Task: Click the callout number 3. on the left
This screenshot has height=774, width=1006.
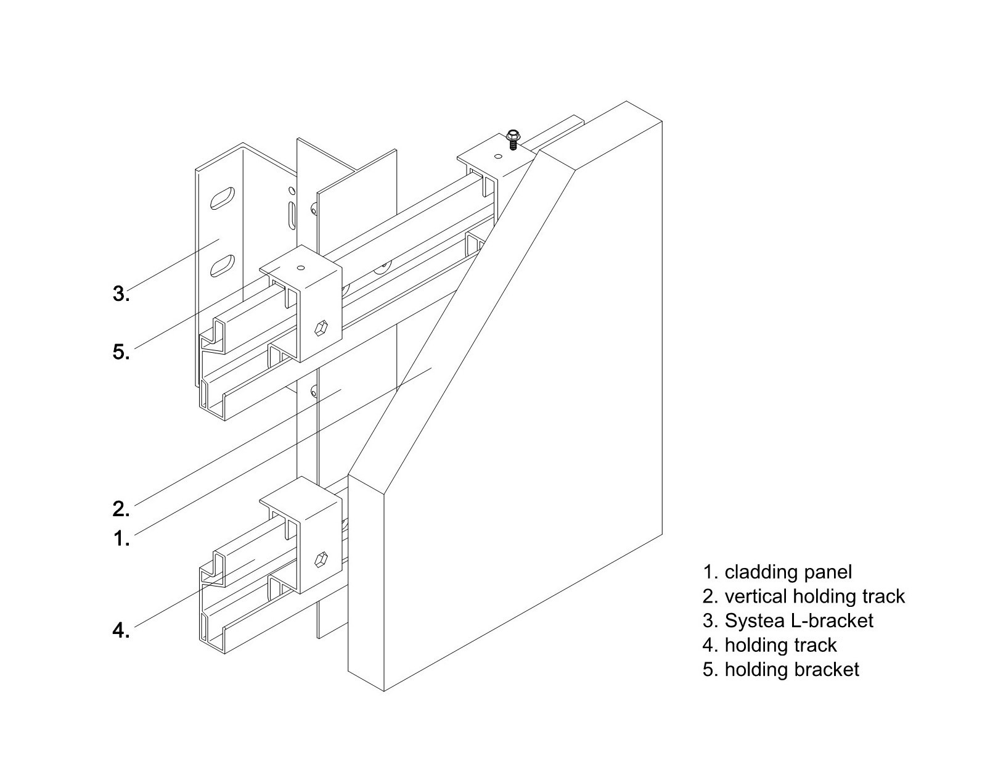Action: [x=121, y=294]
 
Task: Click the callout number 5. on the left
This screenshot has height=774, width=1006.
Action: [x=121, y=353]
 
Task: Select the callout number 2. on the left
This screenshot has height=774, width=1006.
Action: [x=121, y=509]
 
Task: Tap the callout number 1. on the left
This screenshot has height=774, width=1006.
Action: [x=121, y=539]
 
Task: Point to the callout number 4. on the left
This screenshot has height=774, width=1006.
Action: [x=121, y=630]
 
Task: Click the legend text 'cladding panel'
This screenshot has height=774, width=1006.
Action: [x=788, y=572]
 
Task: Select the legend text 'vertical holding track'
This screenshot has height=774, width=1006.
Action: [x=814, y=596]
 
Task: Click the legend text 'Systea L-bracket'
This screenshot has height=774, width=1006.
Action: [x=799, y=620]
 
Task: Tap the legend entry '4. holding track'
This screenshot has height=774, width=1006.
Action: [x=769, y=645]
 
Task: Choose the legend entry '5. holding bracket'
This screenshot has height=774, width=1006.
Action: [x=780, y=669]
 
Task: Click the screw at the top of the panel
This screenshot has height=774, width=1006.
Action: [x=512, y=139]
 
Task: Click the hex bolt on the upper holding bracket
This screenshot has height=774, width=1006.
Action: [x=322, y=328]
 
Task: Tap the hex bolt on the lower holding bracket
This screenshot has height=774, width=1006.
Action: [x=322, y=560]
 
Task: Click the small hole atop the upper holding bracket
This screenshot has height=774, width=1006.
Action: [x=300, y=268]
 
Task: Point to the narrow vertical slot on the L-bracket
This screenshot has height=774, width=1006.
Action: [x=291, y=216]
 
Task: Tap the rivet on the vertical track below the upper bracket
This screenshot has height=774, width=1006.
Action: [x=314, y=390]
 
